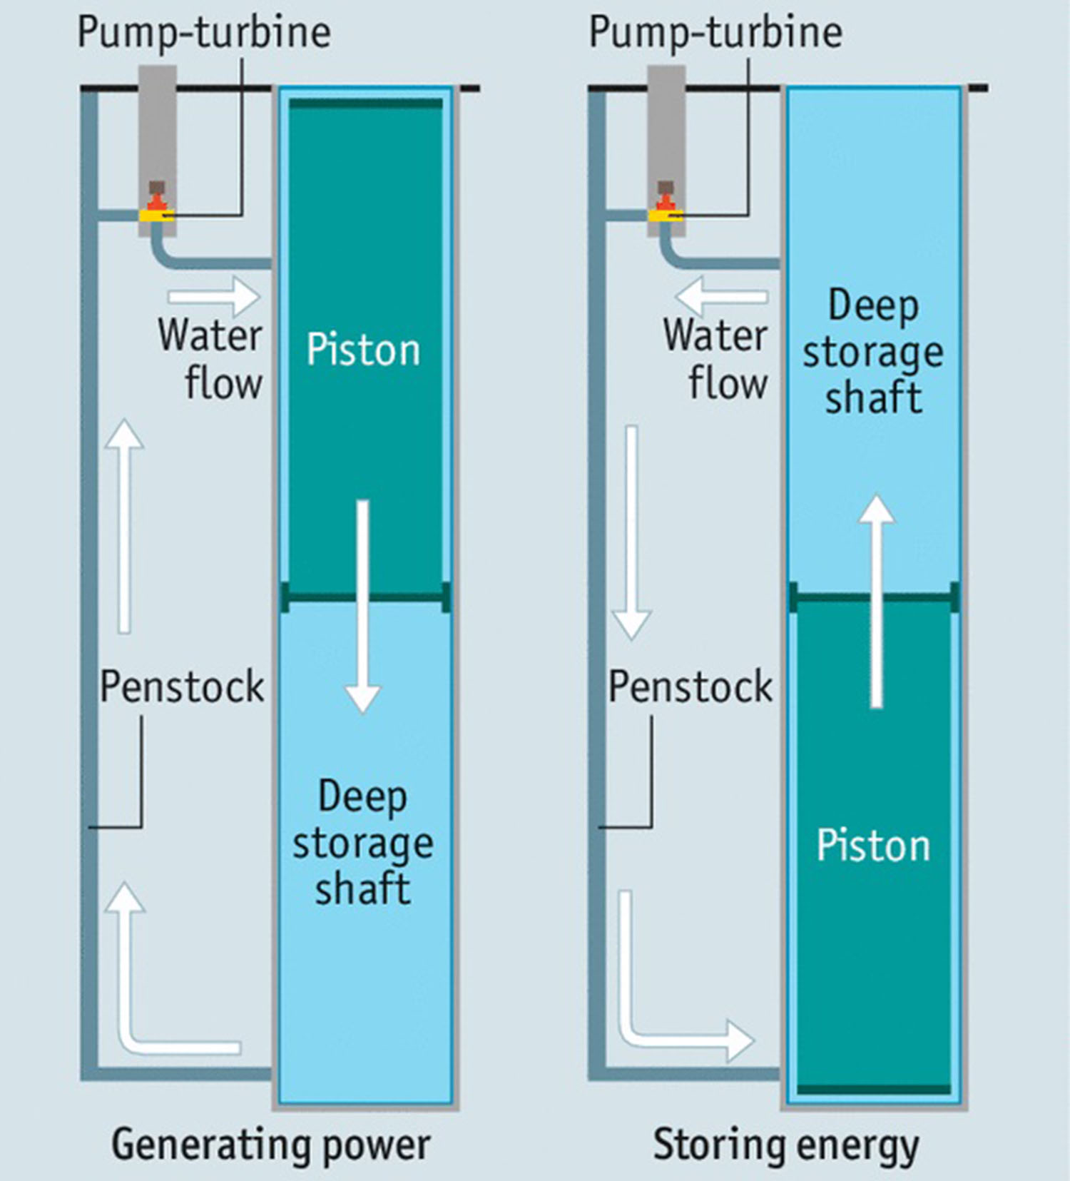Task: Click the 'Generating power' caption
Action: pos(270,1145)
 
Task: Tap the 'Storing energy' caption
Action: pos(786,1145)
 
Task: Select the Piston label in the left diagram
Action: pos(363,350)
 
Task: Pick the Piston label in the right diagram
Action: pos(873,846)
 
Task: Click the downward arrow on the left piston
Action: pos(363,607)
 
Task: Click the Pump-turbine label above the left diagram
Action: pos(204,33)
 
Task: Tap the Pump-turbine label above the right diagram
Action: pos(715,33)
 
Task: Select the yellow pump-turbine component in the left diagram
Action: pos(157,215)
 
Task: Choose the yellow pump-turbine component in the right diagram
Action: pos(666,214)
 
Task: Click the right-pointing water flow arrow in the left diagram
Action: pos(214,295)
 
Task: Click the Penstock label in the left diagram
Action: pos(182,686)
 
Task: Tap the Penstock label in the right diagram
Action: pos(690,686)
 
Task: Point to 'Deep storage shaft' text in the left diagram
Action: pos(363,842)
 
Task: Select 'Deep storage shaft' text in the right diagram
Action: pos(873,351)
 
